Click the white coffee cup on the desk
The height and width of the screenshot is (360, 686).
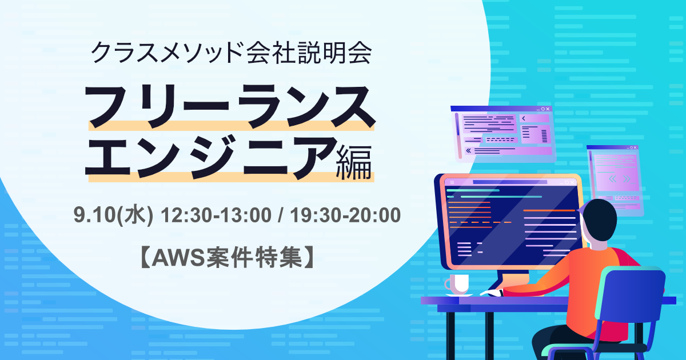[457, 284]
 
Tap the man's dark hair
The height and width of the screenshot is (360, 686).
[598, 219]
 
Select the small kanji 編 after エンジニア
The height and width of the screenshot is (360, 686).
[354, 162]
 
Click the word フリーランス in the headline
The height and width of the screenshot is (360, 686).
[230, 106]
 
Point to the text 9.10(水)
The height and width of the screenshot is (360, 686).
[113, 215]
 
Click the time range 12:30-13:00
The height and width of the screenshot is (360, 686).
[216, 215]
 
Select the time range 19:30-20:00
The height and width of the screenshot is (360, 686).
[345, 215]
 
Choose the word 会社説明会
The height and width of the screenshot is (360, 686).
[309, 53]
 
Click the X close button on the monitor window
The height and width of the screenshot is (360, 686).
[572, 182]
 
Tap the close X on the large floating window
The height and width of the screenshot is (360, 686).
[548, 109]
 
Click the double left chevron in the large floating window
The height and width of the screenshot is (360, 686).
[468, 151]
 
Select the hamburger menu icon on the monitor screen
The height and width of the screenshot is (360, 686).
[452, 182]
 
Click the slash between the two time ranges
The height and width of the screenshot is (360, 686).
[281, 215]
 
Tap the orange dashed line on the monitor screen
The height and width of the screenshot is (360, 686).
[480, 222]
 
